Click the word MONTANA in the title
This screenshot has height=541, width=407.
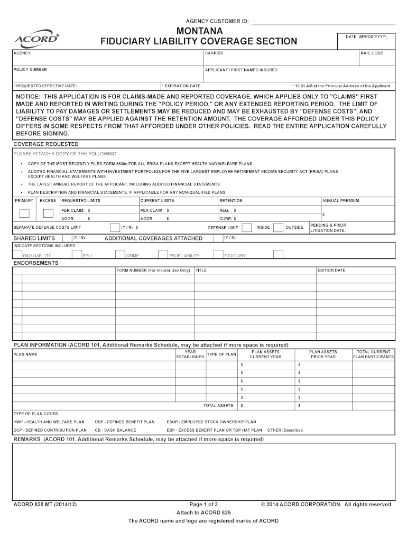199,31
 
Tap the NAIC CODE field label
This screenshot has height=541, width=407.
372,53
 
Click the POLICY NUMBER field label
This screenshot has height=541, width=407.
30,70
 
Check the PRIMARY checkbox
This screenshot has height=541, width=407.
24,213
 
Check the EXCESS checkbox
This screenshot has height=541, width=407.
48,213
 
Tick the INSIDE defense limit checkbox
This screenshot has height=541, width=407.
246,228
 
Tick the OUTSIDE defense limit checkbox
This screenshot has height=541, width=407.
279,228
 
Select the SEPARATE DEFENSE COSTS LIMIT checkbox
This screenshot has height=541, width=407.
115,228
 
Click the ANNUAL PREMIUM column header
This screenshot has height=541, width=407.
340,201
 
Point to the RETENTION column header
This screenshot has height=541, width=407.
231,201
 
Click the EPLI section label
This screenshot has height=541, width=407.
88,256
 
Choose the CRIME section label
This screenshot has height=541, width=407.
132,256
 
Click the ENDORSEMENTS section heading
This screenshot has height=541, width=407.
36,263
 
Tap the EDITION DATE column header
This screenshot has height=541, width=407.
331,270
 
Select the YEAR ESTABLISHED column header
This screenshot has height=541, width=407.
190,355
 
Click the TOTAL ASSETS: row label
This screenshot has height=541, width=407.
218,406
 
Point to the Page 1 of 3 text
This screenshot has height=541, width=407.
203,505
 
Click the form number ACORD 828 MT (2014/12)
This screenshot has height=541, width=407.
45,505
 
